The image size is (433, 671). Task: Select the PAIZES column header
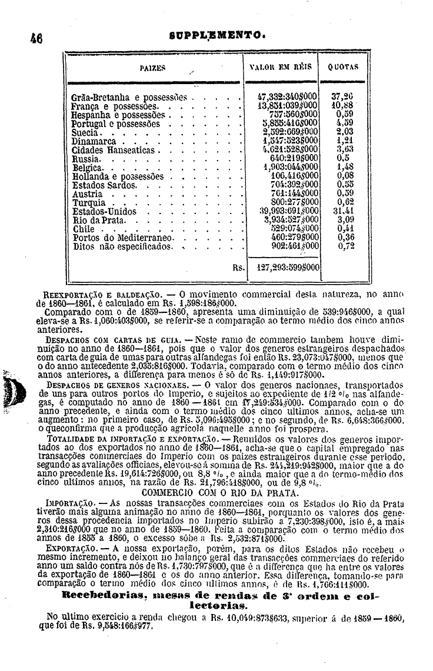(152, 68)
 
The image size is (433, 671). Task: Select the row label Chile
(86, 229)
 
